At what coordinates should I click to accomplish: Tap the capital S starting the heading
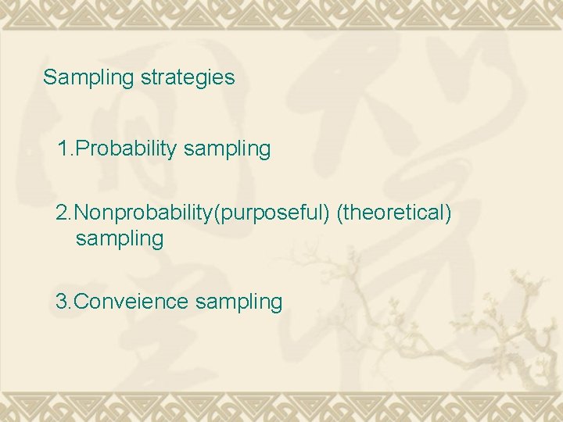49,77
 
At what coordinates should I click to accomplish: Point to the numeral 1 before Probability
62,148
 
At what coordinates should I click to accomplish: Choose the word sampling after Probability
227,149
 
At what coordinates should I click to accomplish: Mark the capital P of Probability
80,148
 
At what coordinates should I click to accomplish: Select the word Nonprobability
148,213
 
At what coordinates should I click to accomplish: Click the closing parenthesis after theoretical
448,213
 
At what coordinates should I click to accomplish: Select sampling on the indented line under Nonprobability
120,239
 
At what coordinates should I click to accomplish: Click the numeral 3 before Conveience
62,301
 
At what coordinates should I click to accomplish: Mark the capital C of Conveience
81,301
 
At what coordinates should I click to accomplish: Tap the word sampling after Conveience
238,302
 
